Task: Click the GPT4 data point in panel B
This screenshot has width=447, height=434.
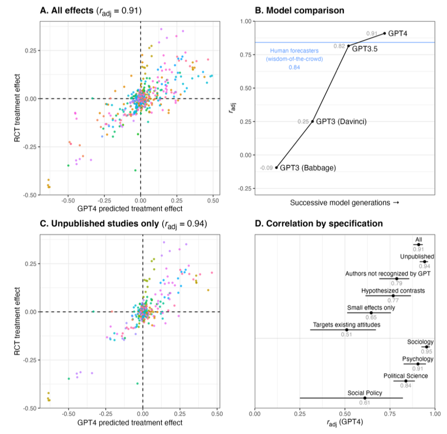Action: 385,33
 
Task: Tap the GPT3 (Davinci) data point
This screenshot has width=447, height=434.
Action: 312,121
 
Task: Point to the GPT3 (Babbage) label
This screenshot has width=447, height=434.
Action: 308,168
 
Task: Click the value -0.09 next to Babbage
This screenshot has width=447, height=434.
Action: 266,168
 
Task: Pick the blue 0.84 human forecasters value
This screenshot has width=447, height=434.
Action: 294,67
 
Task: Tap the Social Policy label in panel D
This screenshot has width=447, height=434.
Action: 365,393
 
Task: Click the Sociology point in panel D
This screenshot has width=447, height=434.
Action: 427,347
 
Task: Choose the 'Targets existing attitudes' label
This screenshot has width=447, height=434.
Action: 346,325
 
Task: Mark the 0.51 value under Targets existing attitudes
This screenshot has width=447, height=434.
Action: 346,335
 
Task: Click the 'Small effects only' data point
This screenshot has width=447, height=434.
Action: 371,313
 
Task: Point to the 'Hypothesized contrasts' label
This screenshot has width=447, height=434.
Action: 393,291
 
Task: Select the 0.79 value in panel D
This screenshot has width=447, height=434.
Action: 397,283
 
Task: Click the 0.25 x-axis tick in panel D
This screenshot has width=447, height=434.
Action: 300,414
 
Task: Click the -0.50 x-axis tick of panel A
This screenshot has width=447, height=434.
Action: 68,201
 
